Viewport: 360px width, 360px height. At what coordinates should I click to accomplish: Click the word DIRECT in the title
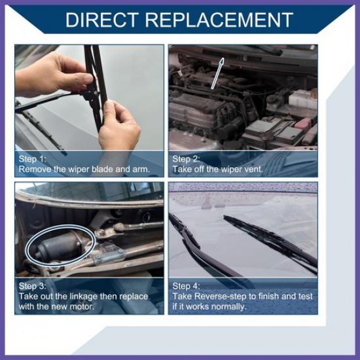[102, 20]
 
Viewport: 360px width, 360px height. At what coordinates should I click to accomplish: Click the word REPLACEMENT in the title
[219, 20]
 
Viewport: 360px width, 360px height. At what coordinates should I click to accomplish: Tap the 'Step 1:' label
[32, 159]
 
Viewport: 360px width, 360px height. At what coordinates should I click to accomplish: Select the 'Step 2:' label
[186, 159]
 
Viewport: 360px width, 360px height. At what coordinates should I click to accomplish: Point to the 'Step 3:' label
[32, 286]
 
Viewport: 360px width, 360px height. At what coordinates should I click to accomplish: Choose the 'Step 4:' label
[186, 286]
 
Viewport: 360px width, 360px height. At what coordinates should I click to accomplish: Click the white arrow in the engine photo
[217, 73]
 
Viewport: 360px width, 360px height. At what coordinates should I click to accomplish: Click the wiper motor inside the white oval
[58, 247]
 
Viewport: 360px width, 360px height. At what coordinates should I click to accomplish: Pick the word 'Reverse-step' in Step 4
[221, 297]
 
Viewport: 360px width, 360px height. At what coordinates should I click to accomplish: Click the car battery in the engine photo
[274, 132]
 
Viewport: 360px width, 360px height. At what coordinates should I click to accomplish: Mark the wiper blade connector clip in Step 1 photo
[92, 93]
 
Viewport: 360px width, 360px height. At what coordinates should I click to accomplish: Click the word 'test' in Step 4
[306, 297]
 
